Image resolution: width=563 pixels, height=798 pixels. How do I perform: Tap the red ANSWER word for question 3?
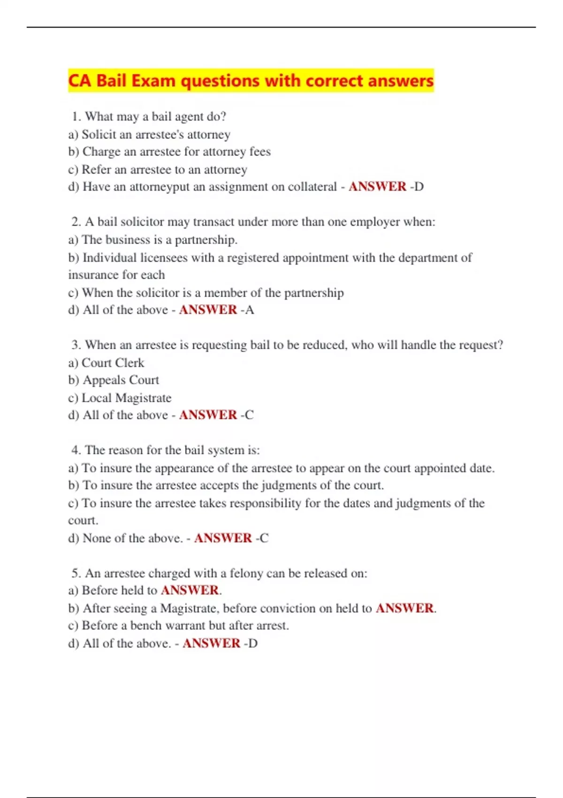pyautogui.click(x=208, y=415)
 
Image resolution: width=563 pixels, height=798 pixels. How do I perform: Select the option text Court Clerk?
pyautogui.click(x=113, y=363)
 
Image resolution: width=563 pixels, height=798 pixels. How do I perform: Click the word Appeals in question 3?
pyautogui.click(x=104, y=380)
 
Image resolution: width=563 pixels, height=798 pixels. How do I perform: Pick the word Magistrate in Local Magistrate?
pyautogui.click(x=143, y=398)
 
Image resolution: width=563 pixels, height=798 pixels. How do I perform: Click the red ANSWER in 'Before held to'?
pyautogui.click(x=190, y=590)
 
